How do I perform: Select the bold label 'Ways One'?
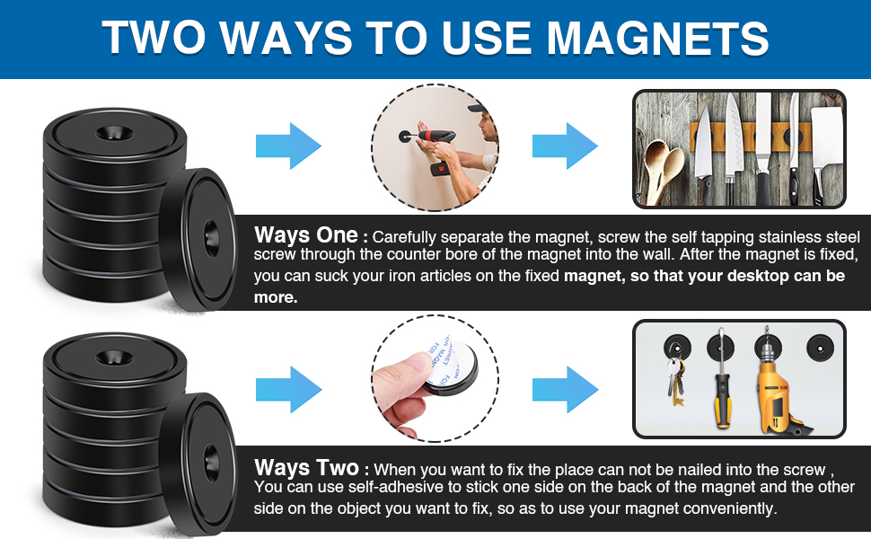305,236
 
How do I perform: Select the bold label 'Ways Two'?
305,468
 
